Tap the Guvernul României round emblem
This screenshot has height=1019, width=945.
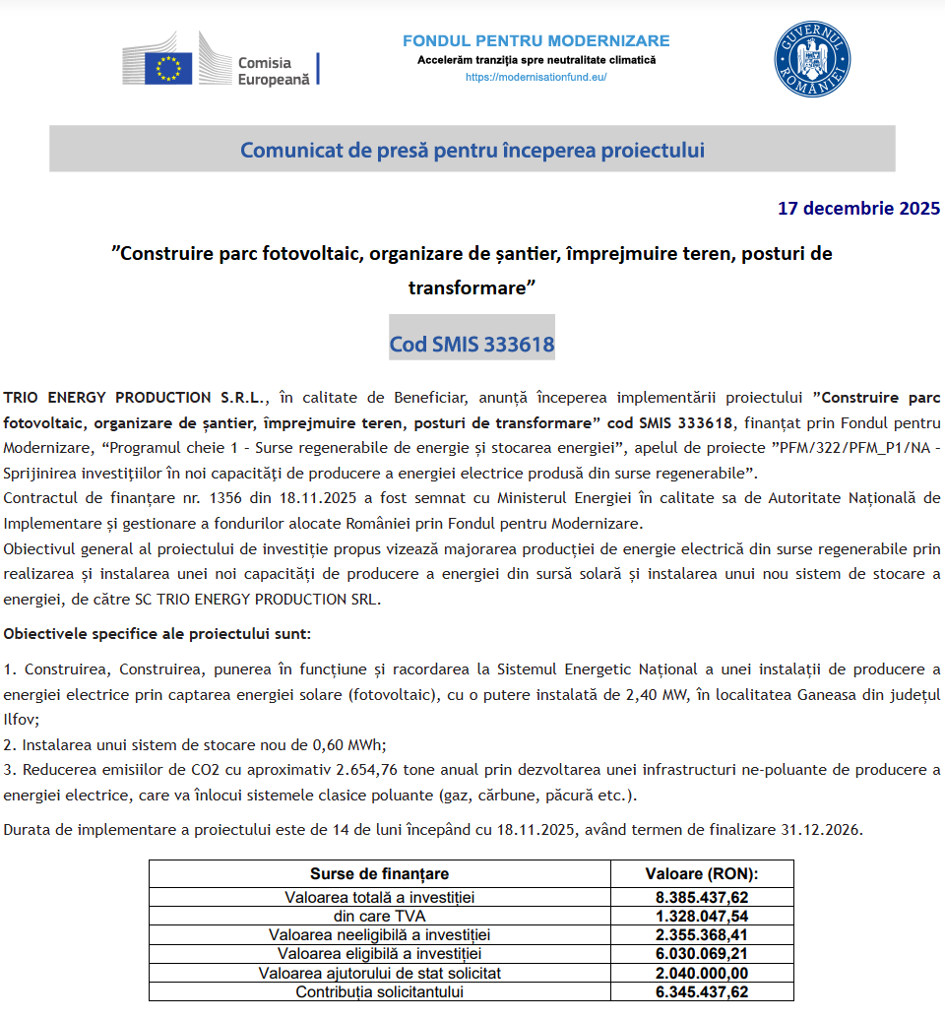click(x=812, y=58)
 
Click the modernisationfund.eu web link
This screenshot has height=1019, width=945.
click(x=535, y=77)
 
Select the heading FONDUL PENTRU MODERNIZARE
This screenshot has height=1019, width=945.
click(x=535, y=41)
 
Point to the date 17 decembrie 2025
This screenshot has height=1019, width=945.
click(x=858, y=208)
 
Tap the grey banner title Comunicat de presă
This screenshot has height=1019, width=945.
click(x=472, y=150)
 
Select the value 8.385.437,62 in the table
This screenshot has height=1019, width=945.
click(x=702, y=897)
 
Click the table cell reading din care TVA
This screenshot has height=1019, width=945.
click(x=380, y=916)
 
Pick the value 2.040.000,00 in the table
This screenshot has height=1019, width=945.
click(x=702, y=973)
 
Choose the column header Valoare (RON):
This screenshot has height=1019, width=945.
click(x=702, y=874)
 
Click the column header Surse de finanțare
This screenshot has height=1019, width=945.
click(x=380, y=874)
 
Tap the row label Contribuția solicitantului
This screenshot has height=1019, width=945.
click(x=380, y=991)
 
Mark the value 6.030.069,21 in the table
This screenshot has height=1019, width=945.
click(x=702, y=953)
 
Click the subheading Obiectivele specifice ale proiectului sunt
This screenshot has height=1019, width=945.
click(x=157, y=634)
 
